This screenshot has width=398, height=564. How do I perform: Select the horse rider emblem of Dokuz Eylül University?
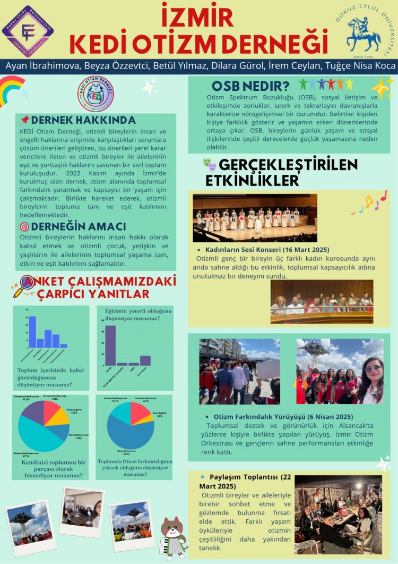point(364,35)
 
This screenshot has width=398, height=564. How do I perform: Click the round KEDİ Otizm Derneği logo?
point(96,94)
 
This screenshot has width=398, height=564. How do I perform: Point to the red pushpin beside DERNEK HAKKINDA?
point(24,120)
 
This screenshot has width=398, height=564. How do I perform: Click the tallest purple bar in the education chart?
point(110,345)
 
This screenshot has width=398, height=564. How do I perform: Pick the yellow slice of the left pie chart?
point(60,416)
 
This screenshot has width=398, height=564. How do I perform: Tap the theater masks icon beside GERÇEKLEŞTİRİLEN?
point(209,164)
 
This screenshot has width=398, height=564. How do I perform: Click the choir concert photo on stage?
point(255,217)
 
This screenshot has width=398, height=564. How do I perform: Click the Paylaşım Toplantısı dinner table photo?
point(338,514)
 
